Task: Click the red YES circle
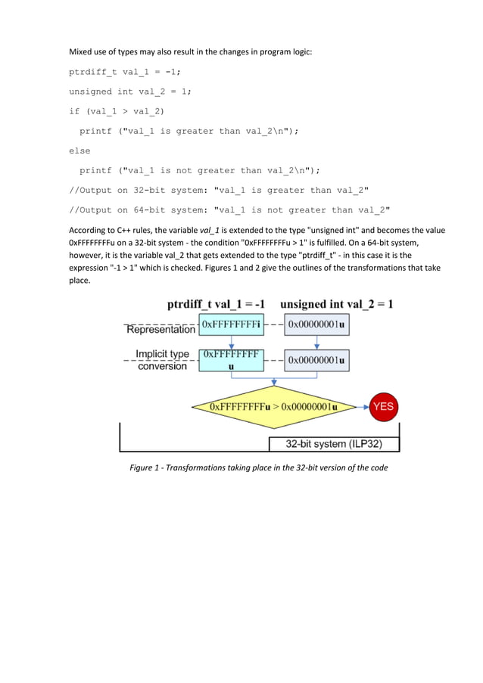click(x=384, y=406)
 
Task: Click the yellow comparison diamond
click(x=273, y=407)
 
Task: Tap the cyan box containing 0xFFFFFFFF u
click(x=232, y=360)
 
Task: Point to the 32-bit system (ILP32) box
click(x=334, y=443)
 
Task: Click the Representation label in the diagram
click(x=160, y=330)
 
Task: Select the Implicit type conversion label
click(x=162, y=360)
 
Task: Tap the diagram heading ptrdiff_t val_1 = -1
click(x=215, y=304)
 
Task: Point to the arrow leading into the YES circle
click(x=361, y=406)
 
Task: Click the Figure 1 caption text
click(x=259, y=468)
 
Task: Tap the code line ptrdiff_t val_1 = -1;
click(x=125, y=73)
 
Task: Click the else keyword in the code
click(x=79, y=151)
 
